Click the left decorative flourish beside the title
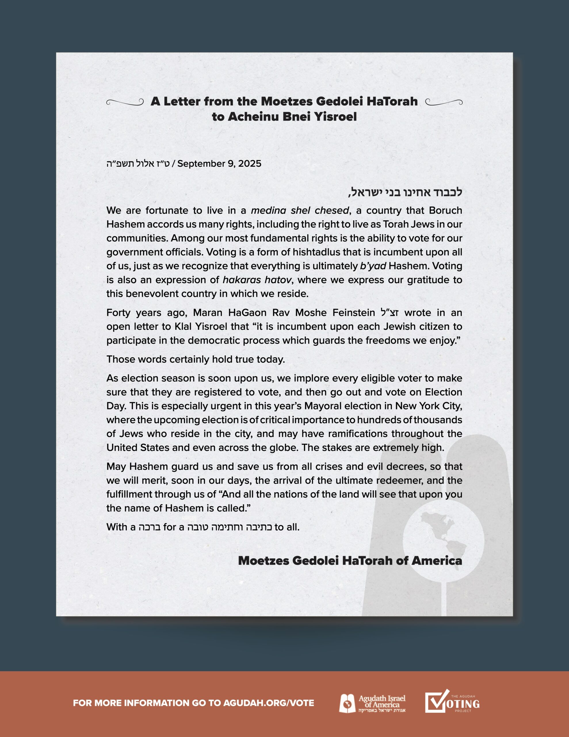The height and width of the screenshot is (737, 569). (125, 102)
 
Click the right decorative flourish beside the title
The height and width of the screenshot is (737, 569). (444, 102)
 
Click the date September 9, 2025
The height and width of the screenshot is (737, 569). (219, 164)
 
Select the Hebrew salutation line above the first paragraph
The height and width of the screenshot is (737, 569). (405, 192)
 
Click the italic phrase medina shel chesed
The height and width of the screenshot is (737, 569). (300, 210)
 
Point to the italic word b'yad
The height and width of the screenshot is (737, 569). (373, 266)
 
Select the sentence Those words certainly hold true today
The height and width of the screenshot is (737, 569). (196, 359)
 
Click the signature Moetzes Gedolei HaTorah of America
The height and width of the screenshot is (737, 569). (350, 561)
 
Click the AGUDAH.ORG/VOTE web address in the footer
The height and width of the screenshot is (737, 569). (268, 703)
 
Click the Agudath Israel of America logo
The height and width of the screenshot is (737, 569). (372, 703)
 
